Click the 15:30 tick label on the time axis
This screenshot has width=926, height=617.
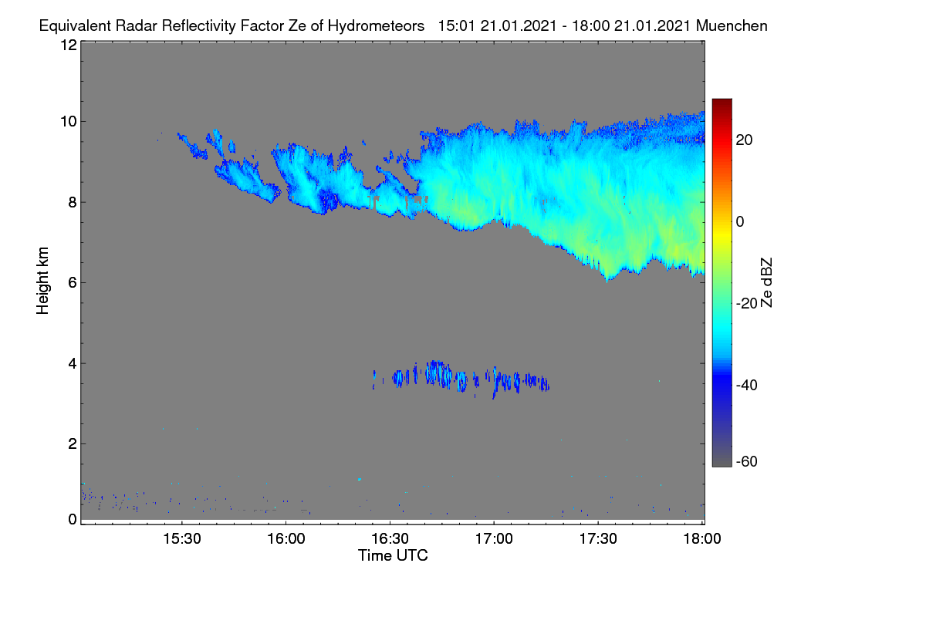pos(182,538)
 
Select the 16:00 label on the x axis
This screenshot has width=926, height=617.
pos(286,538)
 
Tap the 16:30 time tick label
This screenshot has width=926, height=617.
pos(390,538)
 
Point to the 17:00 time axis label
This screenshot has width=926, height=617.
pos(494,538)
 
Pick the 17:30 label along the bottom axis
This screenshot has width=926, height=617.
pos(598,538)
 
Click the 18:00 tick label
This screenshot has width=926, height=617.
pos(702,538)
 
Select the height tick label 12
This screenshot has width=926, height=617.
pos(69,45)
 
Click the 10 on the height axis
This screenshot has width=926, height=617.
pos(69,122)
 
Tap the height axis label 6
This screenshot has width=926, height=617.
pos(73,283)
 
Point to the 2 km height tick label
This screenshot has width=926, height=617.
pos(73,443)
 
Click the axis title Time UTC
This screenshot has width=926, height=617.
pos(393,555)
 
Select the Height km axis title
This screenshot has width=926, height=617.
pos(42,281)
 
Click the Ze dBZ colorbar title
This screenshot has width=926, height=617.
pos(766,283)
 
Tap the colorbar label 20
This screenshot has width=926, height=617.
pos(744,140)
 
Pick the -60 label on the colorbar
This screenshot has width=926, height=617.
pos(747,462)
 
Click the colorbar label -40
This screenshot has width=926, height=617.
pos(747,385)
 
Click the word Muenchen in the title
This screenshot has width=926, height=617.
pos(732,25)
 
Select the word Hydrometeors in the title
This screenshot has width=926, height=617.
pos(376,26)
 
